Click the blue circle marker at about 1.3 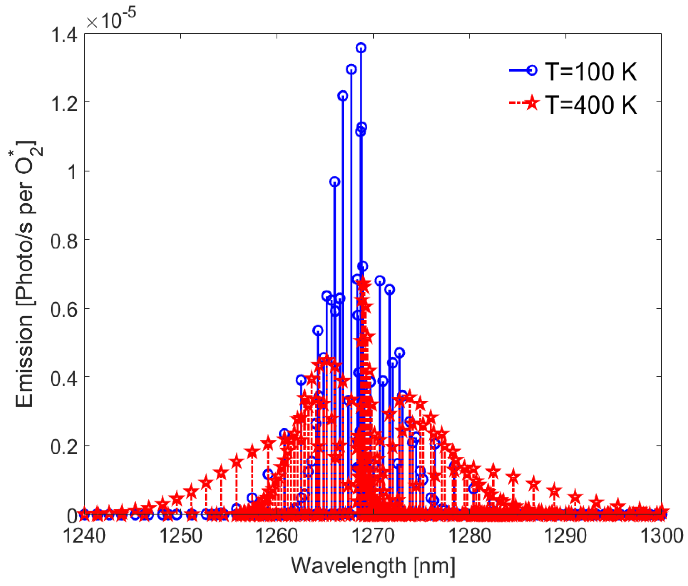[x=351, y=70]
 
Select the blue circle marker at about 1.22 [x=343, y=96]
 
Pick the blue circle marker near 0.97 [x=334, y=181]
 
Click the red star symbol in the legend [x=532, y=103]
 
